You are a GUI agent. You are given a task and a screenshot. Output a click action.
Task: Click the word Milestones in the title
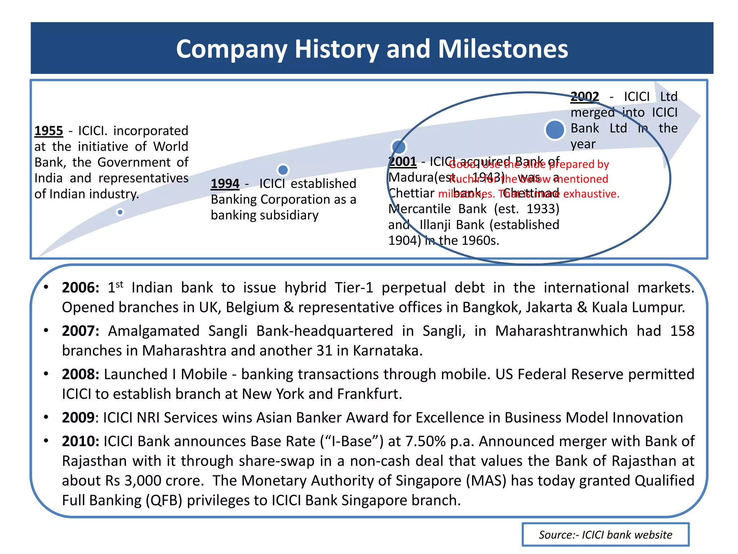[503, 49]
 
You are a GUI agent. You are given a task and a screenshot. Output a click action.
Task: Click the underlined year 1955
[49, 131]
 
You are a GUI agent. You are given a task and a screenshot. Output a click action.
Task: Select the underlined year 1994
[225, 184]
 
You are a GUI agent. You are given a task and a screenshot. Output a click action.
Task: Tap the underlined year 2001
[403, 162]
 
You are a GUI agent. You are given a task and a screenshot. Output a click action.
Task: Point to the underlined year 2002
[584, 97]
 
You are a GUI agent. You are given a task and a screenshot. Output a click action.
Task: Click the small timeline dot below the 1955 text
[120, 212]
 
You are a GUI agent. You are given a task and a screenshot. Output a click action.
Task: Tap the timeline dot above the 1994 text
[283, 170]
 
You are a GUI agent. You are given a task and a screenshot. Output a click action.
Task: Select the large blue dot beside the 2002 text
[555, 130]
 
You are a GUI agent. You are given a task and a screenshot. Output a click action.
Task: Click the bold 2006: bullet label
[80, 288]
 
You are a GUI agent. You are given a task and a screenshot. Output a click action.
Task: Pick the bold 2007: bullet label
[80, 331]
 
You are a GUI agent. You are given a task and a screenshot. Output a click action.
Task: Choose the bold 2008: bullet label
[80, 374]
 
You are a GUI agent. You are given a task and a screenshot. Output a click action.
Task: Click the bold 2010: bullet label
[80, 441]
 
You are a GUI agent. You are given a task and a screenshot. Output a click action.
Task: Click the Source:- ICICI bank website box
[605, 535]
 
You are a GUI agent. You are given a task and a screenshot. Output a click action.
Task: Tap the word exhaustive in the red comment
[591, 194]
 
